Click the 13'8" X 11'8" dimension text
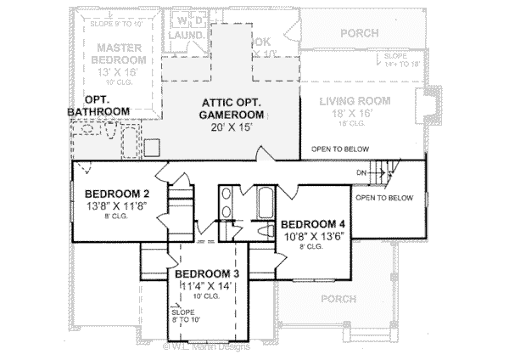[111, 205]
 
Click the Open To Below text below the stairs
[384, 198]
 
